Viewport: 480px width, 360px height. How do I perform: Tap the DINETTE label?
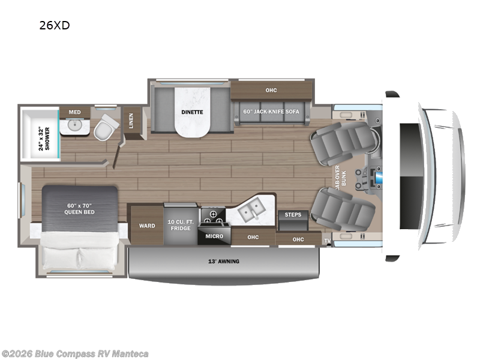[193, 112]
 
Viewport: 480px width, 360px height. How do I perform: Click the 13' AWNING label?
[223, 261]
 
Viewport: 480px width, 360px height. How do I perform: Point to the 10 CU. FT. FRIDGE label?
[181, 226]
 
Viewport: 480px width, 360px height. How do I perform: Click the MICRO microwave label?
[214, 236]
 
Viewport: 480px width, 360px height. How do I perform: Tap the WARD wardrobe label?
[147, 226]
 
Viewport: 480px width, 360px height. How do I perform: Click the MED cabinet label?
[74, 112]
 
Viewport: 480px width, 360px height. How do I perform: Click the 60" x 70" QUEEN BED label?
[80, 208]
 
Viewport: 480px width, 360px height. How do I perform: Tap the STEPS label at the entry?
[293, 214]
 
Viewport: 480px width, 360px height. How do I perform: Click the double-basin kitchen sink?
[252, 210]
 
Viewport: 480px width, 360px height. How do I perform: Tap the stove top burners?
[213, 217]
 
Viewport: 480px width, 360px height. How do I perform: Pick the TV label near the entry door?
[327, 241]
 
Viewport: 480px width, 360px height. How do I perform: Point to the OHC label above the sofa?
[271, 91]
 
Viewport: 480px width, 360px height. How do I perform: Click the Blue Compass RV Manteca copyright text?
[74, 353]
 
